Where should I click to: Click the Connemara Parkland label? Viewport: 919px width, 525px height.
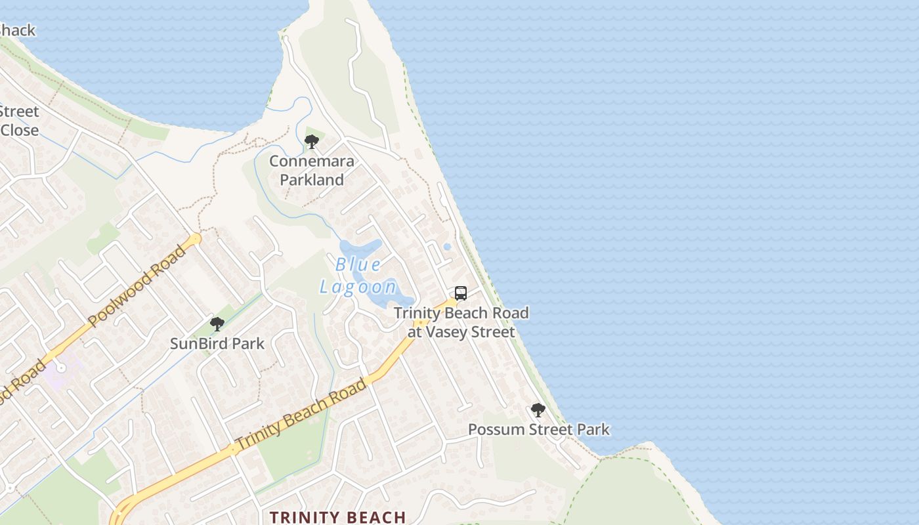click(x=312, y=170)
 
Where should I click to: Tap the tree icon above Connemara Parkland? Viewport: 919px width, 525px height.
click(x=312, y=141)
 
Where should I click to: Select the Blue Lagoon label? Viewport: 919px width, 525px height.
click(x=358, y=276)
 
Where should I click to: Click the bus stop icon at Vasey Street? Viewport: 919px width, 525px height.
click(x=461, y=293)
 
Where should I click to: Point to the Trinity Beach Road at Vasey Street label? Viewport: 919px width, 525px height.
click(x=461, y=322)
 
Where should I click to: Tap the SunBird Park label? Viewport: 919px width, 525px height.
click(x=217, y=343)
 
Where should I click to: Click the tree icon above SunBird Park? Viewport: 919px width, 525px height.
click(x=217, y=324)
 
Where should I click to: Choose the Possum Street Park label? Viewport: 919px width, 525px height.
click(x=538, y=430)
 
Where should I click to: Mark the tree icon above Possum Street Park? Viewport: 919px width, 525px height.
click(x=538, y=410)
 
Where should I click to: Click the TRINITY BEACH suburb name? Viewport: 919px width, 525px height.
click(x=338, y=517)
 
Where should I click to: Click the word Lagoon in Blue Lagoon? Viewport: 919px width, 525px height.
click(x=358, y=287)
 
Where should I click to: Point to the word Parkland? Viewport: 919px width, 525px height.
click(x=312, y=179)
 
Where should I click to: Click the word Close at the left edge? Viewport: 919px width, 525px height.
click(x=19, y=130)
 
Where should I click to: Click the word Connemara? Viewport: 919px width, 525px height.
click(x=312, y=161)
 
